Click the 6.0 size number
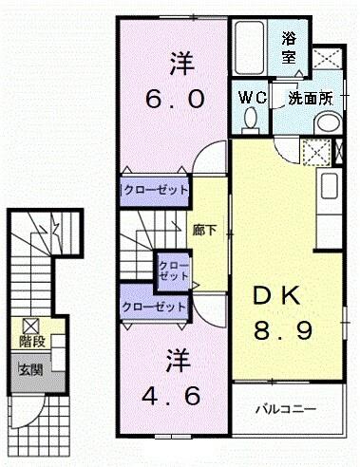pyautogui.click(x=175, y=99)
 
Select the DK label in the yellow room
pyautogui.click(x=276, y=296)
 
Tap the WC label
pyautogui.click(x=251, y=96)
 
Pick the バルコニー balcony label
pyautogui.click(x=286, y=409)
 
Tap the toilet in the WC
pyautogui.click(x=251, y=119)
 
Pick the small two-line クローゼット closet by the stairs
pyautogui.click(x=172, y=270)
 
